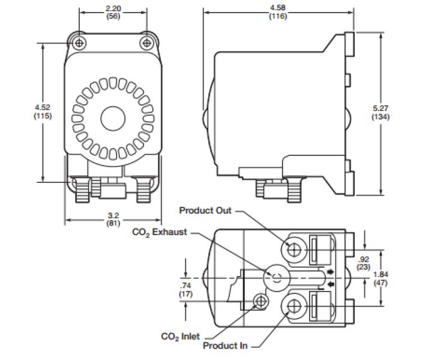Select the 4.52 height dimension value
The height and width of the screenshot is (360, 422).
pyautogui.click(x=42, y=108)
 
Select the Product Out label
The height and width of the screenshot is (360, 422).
pyautogui.click(x=205, y=210)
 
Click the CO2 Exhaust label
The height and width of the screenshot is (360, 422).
pyautogui.click(x=160, y=232)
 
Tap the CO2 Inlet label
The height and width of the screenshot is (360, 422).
pyautogui.click(x=181, y=337)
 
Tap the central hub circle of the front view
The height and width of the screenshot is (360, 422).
pyautogui.click(x=112, y=117)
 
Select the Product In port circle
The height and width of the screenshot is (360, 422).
pyautogui.click(x=294, y=307)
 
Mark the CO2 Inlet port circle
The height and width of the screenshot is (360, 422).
pyautogui.click(x=261, y=299)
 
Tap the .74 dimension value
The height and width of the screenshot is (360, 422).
pyautogui.click(x=186, y=286)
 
